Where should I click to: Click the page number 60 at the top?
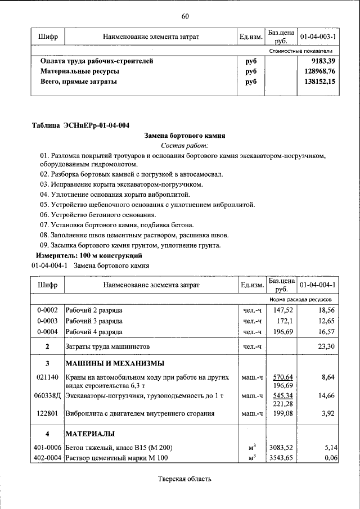(x=184, y=15)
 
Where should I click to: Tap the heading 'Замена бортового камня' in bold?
(x=185, y=136)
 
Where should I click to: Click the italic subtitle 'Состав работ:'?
(x=185, y=145)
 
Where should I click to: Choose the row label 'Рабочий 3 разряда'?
(x=94, y=321)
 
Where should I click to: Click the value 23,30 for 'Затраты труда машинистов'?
(x=326, y=346)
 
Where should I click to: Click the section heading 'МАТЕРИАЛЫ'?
(x=90, y=434)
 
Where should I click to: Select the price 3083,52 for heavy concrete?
(x=282, y=448)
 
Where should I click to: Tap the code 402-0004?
(x=47, y=458)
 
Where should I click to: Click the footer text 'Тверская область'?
(x=184, y=479)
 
